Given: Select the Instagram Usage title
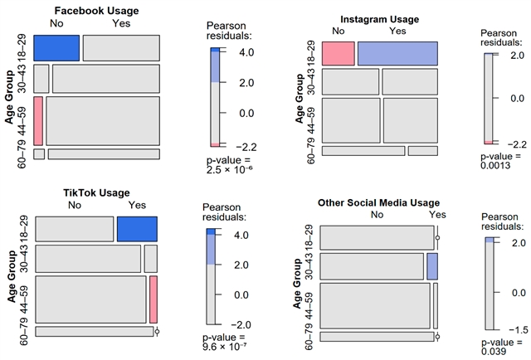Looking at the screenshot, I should click(380, 19).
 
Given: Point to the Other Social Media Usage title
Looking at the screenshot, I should click(378, 203).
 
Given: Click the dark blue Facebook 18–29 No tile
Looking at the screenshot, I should click(56, 47).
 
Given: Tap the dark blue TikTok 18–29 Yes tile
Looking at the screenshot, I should click(137, 228).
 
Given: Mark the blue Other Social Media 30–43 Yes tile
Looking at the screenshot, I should click(432, 266).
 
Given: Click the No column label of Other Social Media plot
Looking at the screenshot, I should click(378, 215).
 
